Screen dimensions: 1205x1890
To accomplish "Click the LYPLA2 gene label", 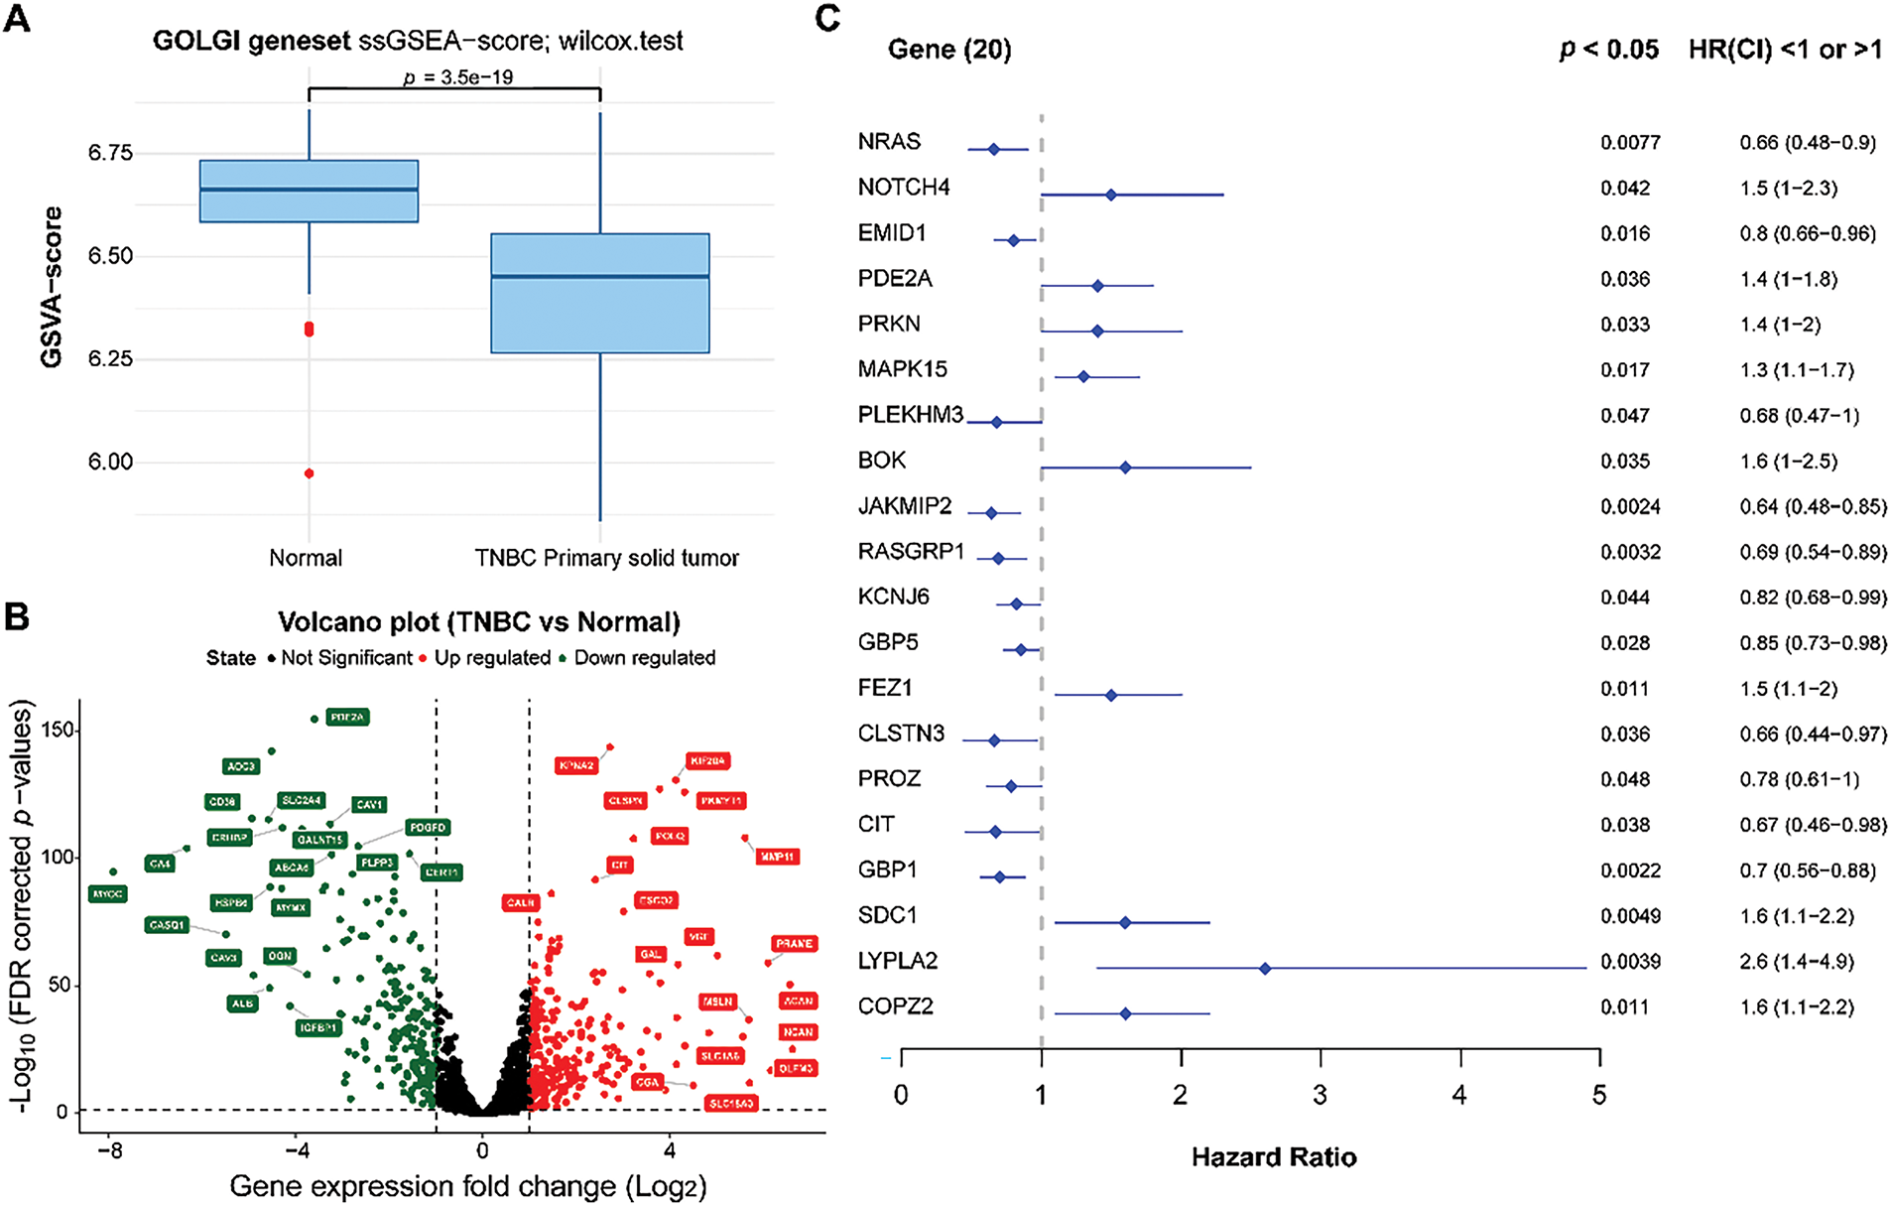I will click(x=897, y=961).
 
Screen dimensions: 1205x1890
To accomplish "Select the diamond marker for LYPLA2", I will click(x=1265, y=968).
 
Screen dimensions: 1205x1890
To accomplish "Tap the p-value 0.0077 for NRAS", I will click(x=1630, y=143).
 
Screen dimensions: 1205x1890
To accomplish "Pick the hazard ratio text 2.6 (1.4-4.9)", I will click(x=1797, y=962).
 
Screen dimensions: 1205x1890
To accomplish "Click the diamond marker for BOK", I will click(x=1125, y=468).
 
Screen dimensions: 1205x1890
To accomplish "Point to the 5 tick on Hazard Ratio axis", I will click(x=1599, y=1095).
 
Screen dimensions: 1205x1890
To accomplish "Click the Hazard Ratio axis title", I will click(x=1274, y=1157).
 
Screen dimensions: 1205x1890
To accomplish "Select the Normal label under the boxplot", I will click(x=306, y=558).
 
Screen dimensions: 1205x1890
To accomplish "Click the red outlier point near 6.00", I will click(x=310, y=473).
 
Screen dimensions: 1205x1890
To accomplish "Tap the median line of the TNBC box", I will click(x=600, y=276).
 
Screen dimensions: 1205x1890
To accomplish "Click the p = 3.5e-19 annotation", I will click(x=458, y=77).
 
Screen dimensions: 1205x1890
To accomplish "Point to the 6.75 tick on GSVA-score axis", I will click(x=110, y=153).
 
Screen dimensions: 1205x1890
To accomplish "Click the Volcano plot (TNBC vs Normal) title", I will click(x=479, y=622).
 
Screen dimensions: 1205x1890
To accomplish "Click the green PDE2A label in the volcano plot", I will click(x=347, y=717).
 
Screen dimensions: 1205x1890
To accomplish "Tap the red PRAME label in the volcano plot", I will click(x=794, y=944).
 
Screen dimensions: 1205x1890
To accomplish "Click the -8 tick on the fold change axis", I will click(x=110, y=1150).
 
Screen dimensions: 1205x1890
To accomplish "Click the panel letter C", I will click(x=826, y=18).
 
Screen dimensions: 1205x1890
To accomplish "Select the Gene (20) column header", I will click(x=949, y=50).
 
